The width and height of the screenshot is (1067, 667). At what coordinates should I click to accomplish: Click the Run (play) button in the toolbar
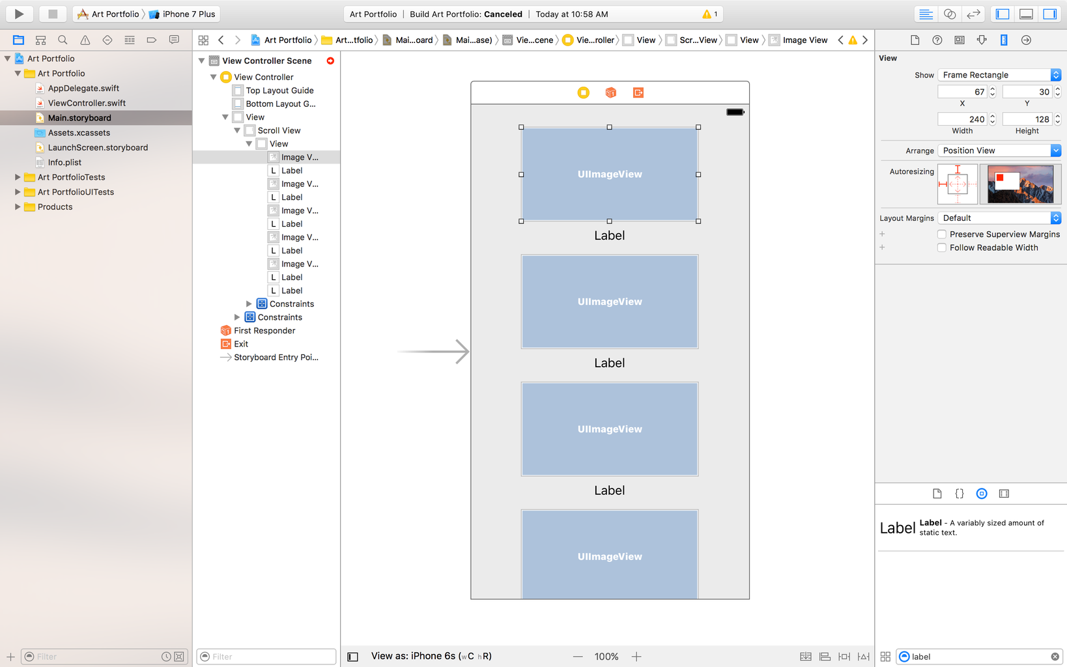[19, 14]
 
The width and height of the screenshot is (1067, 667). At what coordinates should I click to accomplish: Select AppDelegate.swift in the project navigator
[83, 88]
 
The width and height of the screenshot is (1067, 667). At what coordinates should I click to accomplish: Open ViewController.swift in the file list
[87, 103]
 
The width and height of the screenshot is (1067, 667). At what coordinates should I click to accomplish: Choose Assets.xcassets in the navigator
[79, 132]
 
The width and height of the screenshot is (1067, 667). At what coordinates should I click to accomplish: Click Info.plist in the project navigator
[64, 162]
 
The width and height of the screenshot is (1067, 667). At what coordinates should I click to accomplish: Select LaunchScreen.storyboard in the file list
[98, 147]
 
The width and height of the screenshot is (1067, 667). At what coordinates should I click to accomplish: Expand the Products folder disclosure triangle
[18, 206]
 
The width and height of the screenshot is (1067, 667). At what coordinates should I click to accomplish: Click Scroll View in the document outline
[279, 130]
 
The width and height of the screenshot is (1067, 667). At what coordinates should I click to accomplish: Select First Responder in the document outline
[264, 331]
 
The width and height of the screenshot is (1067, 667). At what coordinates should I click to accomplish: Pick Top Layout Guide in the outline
[279, 91]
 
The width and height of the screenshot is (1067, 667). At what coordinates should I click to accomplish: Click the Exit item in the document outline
[240, 344]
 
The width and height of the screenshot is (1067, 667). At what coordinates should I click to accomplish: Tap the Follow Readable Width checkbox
[941, 248]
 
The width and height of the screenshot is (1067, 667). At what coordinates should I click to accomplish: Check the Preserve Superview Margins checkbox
[941, 234]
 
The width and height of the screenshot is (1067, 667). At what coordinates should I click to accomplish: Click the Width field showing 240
[962, 119]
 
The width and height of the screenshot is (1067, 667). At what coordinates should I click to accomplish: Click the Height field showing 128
[1027, 119]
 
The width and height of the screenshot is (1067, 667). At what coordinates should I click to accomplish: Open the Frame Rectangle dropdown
[999, 75]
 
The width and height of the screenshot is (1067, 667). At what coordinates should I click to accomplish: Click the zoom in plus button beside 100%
[636, 657]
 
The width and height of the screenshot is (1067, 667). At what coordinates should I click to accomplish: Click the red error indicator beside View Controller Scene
[330, 61]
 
